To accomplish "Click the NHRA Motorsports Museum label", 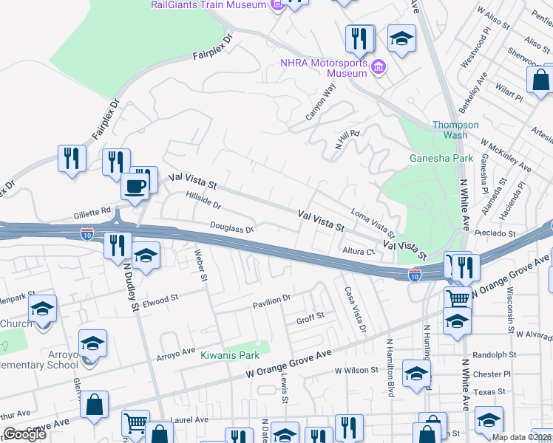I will tap(324, 68).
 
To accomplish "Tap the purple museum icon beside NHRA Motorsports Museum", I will tap(379, 69).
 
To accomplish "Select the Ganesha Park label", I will tap(441, 158).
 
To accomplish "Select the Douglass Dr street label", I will tap(232, 230).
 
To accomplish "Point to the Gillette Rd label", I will tap(92, 214).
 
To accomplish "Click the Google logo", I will tap(24, 434).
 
